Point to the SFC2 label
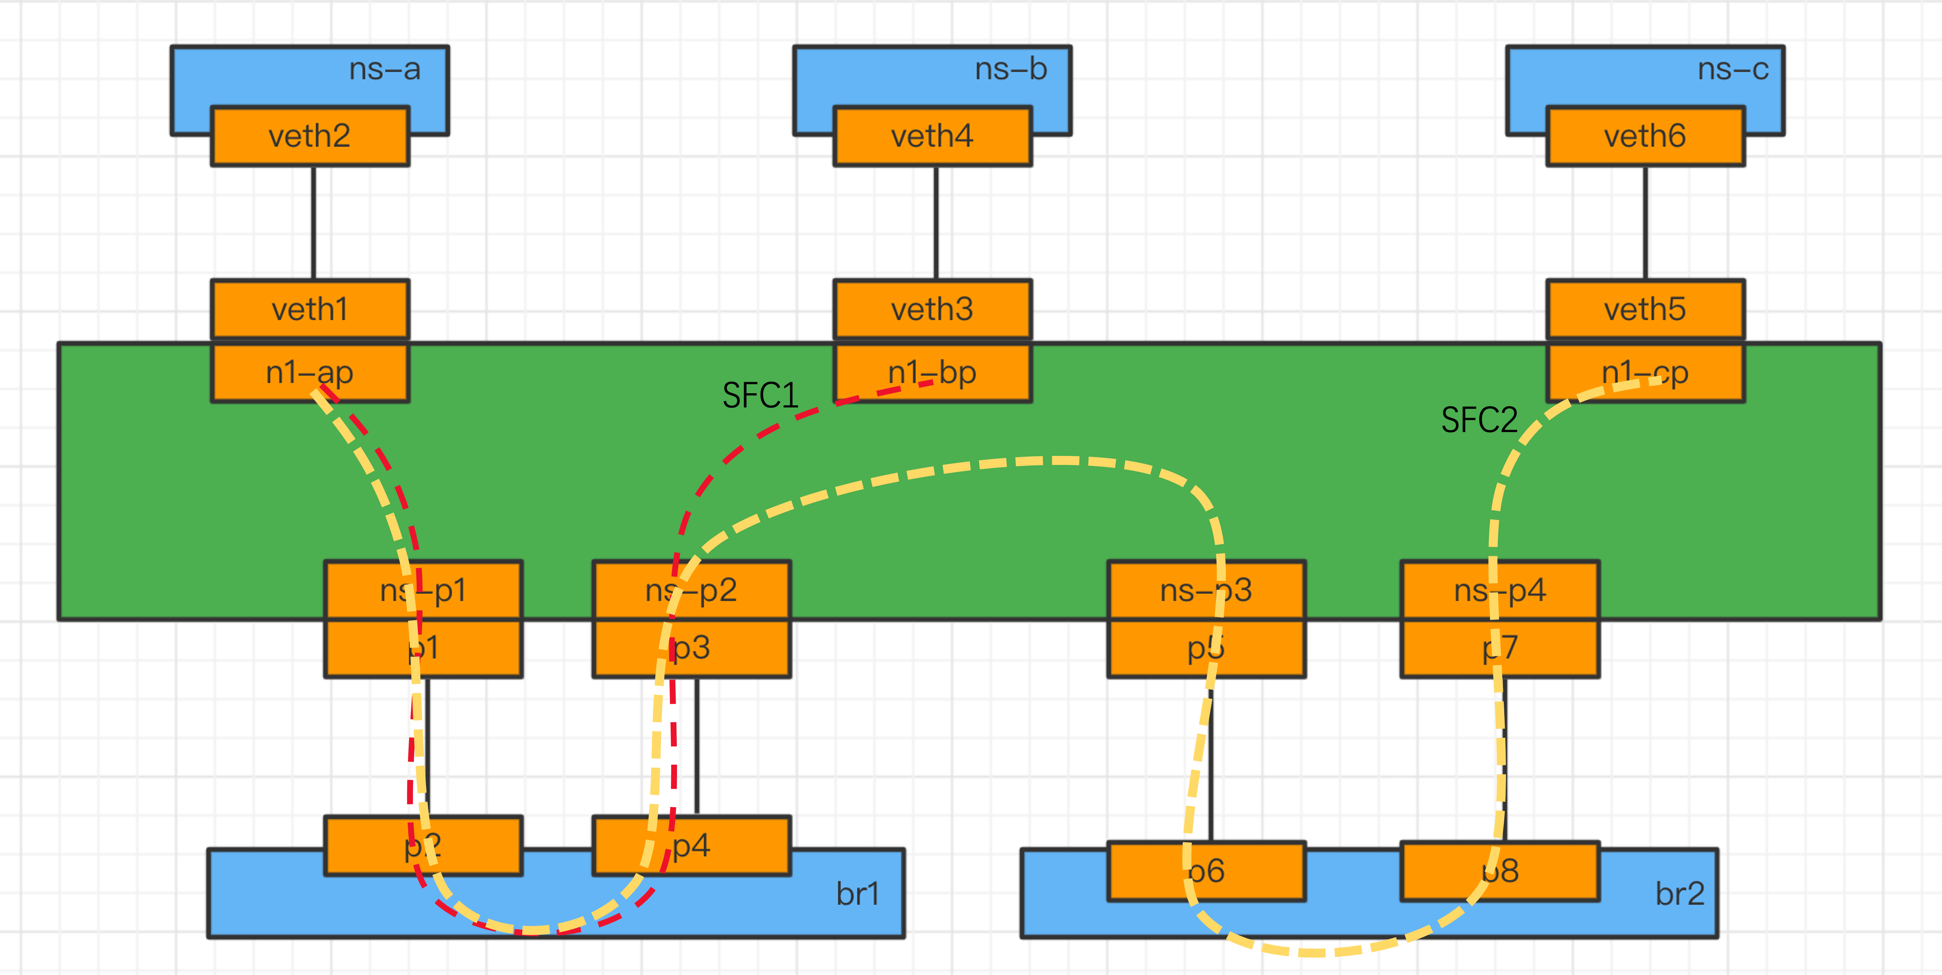pyautogui.click(x=1479, y=420)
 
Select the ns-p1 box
pyautogui.click(x=423, y=590)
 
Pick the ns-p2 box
pyautogui.click(x=691, y=590)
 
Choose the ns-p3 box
pyautogui.click(x=1206, y=590)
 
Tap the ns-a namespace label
pyautogui.click(x=384, y=69)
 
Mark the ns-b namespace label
pyautogui.click(x=1011, y=69)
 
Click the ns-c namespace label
pyautogui.click(x=1732, y=69)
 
